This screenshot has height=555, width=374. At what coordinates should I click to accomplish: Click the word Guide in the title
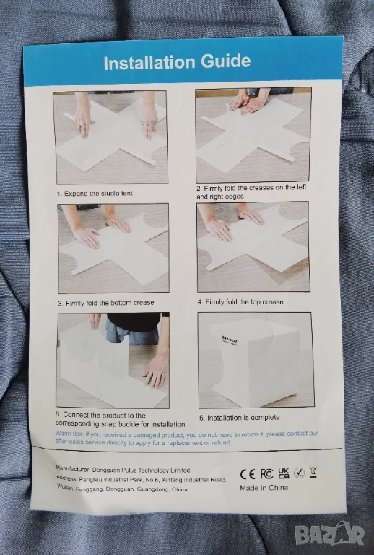pos(226,61)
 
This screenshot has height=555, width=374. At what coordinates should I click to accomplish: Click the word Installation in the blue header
pos(149,63)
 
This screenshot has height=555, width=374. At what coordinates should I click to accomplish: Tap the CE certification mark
pos(248,474)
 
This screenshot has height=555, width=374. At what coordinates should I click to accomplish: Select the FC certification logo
pos(266,473)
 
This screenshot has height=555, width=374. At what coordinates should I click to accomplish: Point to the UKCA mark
pos(284,473)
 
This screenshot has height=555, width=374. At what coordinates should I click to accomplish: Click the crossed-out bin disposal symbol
pos(313,472)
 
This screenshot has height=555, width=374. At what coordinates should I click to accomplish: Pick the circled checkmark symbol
pos(299,473)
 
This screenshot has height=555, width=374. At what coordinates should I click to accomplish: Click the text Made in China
pos(264,488)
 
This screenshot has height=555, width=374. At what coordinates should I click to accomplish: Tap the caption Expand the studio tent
pos(95,193)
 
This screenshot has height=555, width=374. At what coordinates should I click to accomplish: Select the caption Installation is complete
pos(239,418)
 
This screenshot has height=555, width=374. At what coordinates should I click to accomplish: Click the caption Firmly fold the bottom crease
pos(106,303)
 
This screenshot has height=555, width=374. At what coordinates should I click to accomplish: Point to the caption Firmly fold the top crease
pos(240,302)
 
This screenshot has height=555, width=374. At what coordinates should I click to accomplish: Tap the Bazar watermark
pos(329,533)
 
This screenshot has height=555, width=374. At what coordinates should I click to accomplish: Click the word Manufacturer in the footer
pos(73,468)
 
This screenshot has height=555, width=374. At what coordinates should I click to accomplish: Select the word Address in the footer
pos(66,478)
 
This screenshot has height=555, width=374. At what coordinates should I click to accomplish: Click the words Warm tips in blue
pos(69,434)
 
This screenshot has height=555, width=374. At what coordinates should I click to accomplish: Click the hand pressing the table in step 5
pos(155,371)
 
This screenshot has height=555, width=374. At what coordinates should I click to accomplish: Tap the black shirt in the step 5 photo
pos(134,322)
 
